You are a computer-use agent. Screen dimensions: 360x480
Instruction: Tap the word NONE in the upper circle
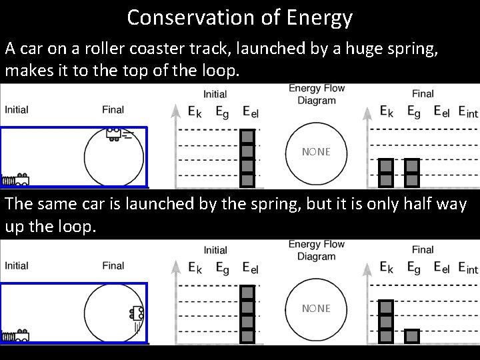click(x=315, y=152)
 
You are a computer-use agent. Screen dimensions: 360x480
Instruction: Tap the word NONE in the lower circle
click(x=315, y=308)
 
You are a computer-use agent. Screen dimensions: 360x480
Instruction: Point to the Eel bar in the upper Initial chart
click(x=248, y=157)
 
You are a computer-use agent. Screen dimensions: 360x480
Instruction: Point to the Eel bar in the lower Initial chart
click(x=248, y=313)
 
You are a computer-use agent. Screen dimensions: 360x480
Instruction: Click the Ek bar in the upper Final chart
click(x=386, y=172)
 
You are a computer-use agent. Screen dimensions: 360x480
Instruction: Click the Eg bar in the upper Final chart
click(x=413, y=172)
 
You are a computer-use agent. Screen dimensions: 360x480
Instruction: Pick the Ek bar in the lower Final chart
click(x=386, y=321)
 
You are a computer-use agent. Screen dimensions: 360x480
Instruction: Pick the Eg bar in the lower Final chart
click(x=413, y=336)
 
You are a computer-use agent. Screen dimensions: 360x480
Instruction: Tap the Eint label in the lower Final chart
click(x=468, y=267)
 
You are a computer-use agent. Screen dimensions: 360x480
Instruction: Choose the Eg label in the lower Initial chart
click(x=223, y=268)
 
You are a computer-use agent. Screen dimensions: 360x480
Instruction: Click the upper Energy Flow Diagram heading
click(x=316, y=94)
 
